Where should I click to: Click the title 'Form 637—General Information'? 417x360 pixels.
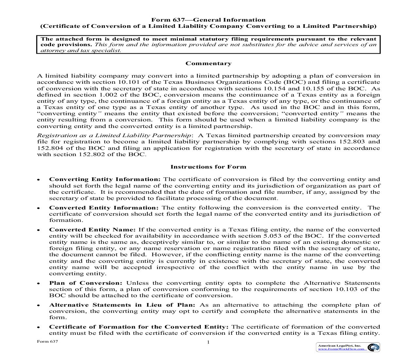pyautogui.click(x=208, y=20)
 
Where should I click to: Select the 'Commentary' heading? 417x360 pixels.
pyautogui.click(x=208, y=63)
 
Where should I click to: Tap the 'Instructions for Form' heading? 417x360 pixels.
pyautogui.click(x=208, y=167)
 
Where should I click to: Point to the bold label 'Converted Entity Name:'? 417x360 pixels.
pyautogui.click(x=92, y=230)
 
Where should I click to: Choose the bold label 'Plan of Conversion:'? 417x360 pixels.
pyautogui.click(x=86, y=283)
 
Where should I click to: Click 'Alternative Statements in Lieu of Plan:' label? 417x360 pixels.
pyautogui.click(x=122, y=305)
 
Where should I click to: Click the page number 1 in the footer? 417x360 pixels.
pyautogui.click(x=208, y=342)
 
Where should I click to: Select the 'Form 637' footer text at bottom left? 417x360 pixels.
pyautogui.click(x=47, y=341)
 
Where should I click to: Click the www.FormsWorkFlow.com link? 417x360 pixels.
pyautogui.click(x=341, y=349)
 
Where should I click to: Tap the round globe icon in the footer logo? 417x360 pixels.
pyautogui.click(x=373, y=347)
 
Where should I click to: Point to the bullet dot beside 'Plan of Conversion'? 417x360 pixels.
pyautogui.click(x=39, y=284)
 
